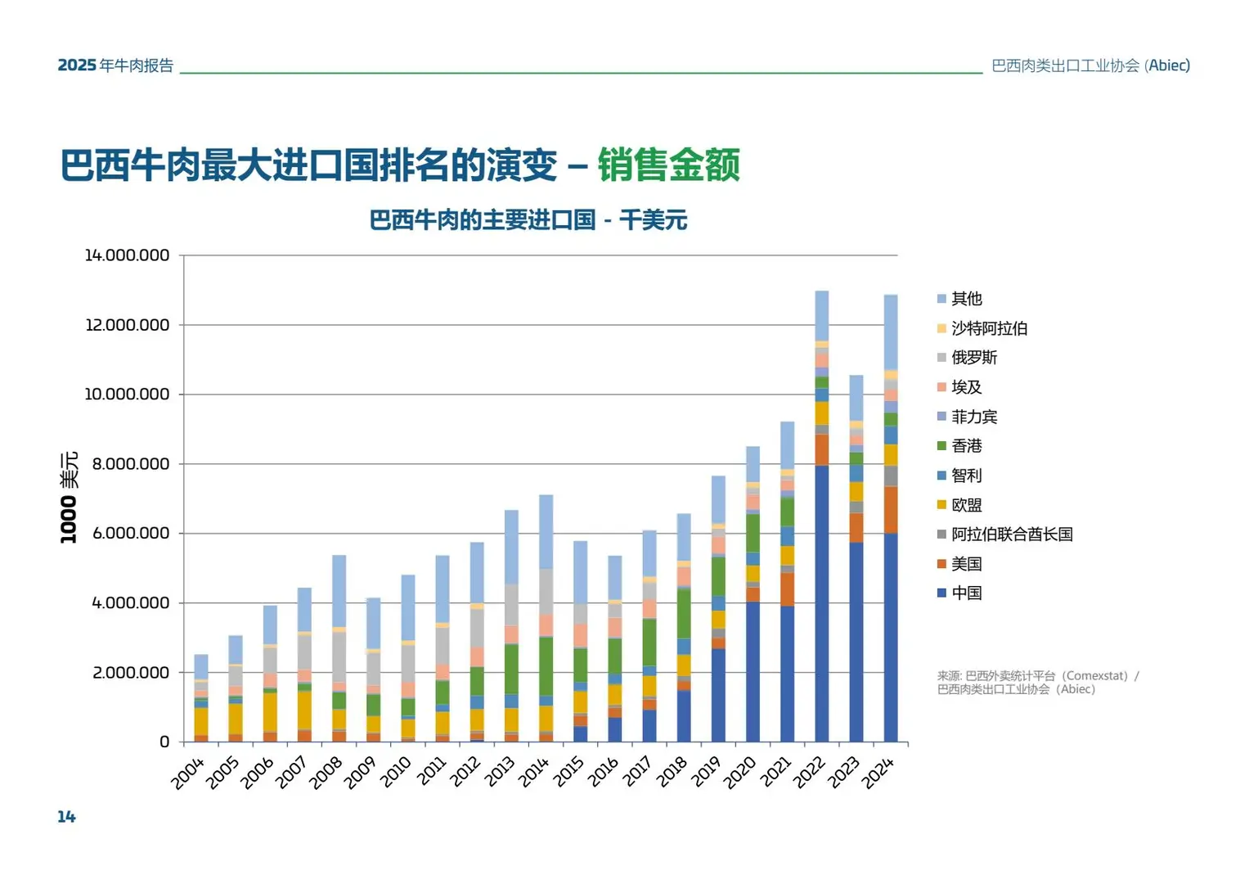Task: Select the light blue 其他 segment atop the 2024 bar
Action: [890, 331]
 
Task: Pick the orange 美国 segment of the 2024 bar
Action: [890, 510]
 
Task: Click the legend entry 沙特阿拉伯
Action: [989, 328]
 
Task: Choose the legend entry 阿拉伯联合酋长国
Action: [1012, 534]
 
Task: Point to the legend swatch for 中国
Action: [941, 593]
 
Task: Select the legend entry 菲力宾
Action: [974, 417]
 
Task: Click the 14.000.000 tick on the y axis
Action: [127, 255]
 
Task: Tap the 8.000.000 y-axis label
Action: [130, 464]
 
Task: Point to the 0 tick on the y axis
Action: [164, 742]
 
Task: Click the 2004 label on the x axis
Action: [187, 773]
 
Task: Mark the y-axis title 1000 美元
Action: [69, 497]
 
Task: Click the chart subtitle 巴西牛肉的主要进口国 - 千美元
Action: [528, 220]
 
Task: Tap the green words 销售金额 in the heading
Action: [668, 165]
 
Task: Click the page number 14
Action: [66, 816]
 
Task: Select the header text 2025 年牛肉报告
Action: [115, 65]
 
